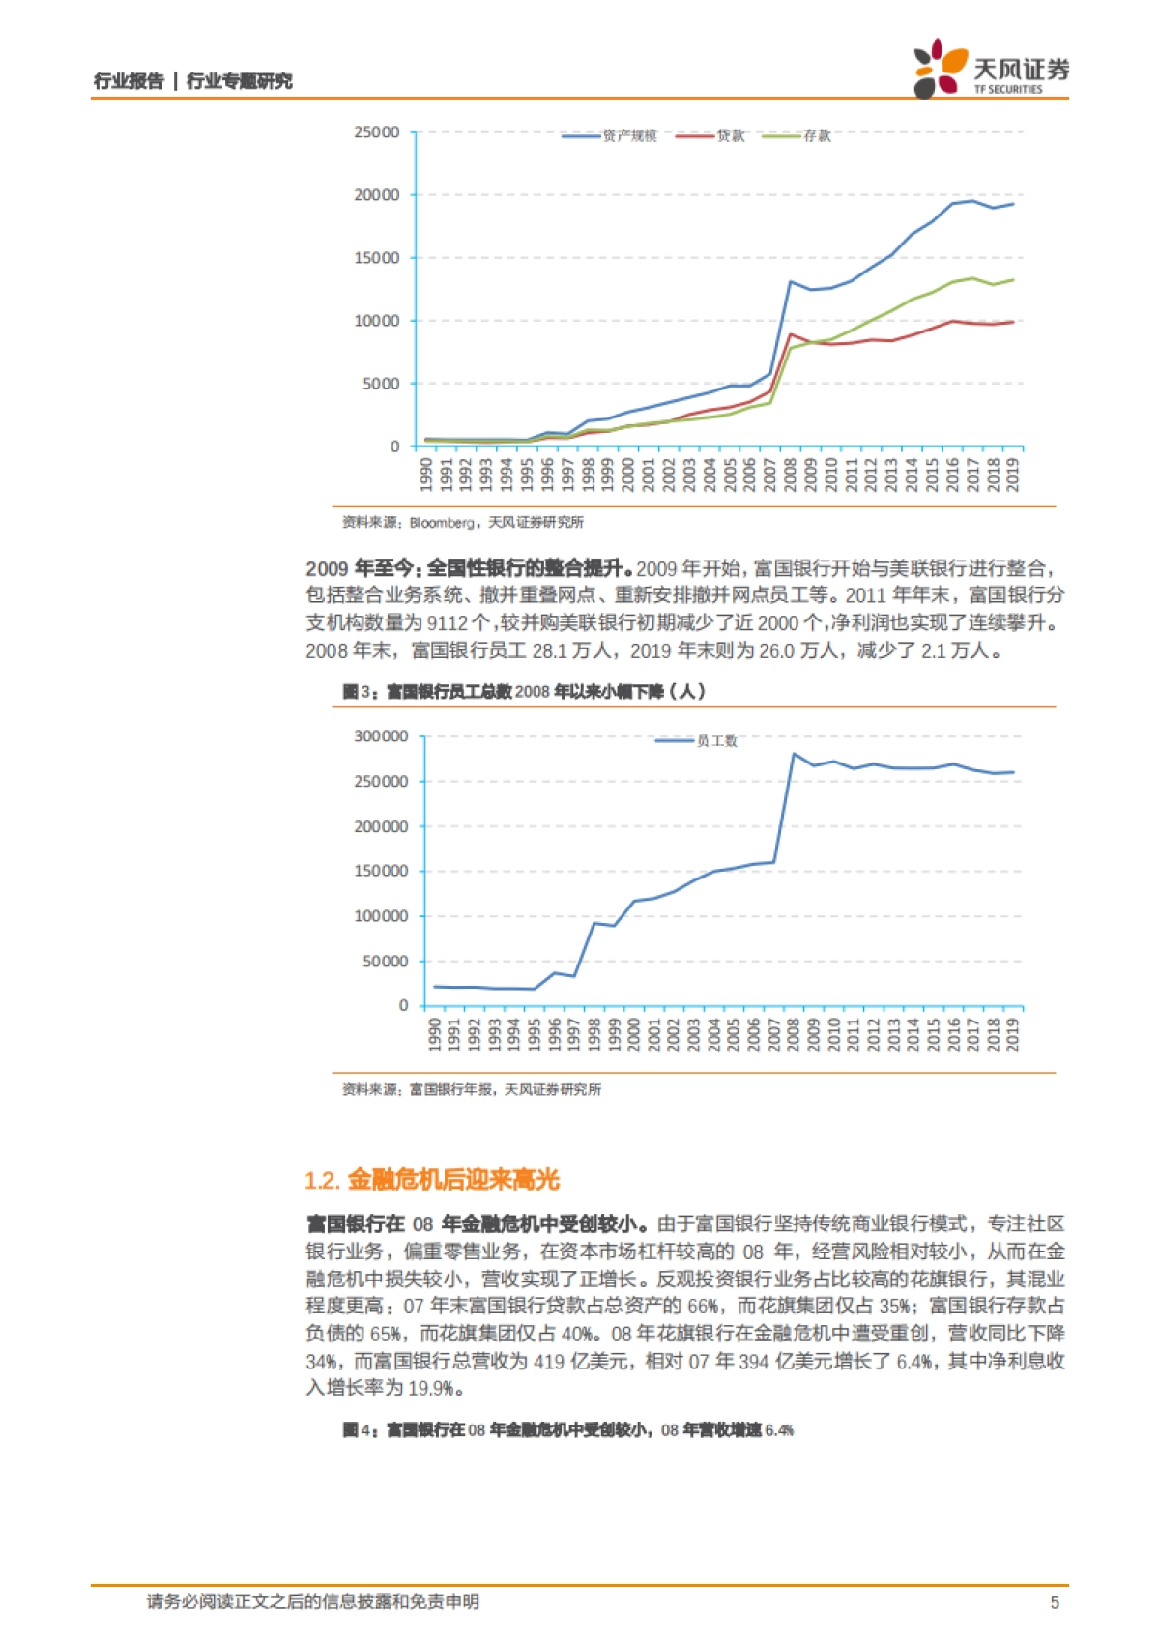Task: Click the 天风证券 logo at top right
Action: tap(991, 69)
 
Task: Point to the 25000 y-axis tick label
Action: tap(377, 132)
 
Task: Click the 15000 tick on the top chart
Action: tap(377, 258)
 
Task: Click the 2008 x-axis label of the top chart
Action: tap(790, 475)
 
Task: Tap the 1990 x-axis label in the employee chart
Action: tap(435, 1034)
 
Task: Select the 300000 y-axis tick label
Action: tap(381, 736)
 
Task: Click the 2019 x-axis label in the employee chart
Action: tap(1012, 1034)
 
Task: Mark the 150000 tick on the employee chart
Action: tap(381, 871)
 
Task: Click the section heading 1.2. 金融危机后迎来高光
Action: tap(432, 1180)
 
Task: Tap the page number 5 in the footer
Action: tap(1055, 1602)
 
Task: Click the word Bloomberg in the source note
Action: tap(441, 523)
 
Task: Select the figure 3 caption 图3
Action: tap(358, 692)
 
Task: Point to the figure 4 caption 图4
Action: tap(358, 1430)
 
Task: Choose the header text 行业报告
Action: tap(129, 81)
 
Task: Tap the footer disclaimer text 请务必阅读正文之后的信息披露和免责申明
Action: tap(313, 1602)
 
